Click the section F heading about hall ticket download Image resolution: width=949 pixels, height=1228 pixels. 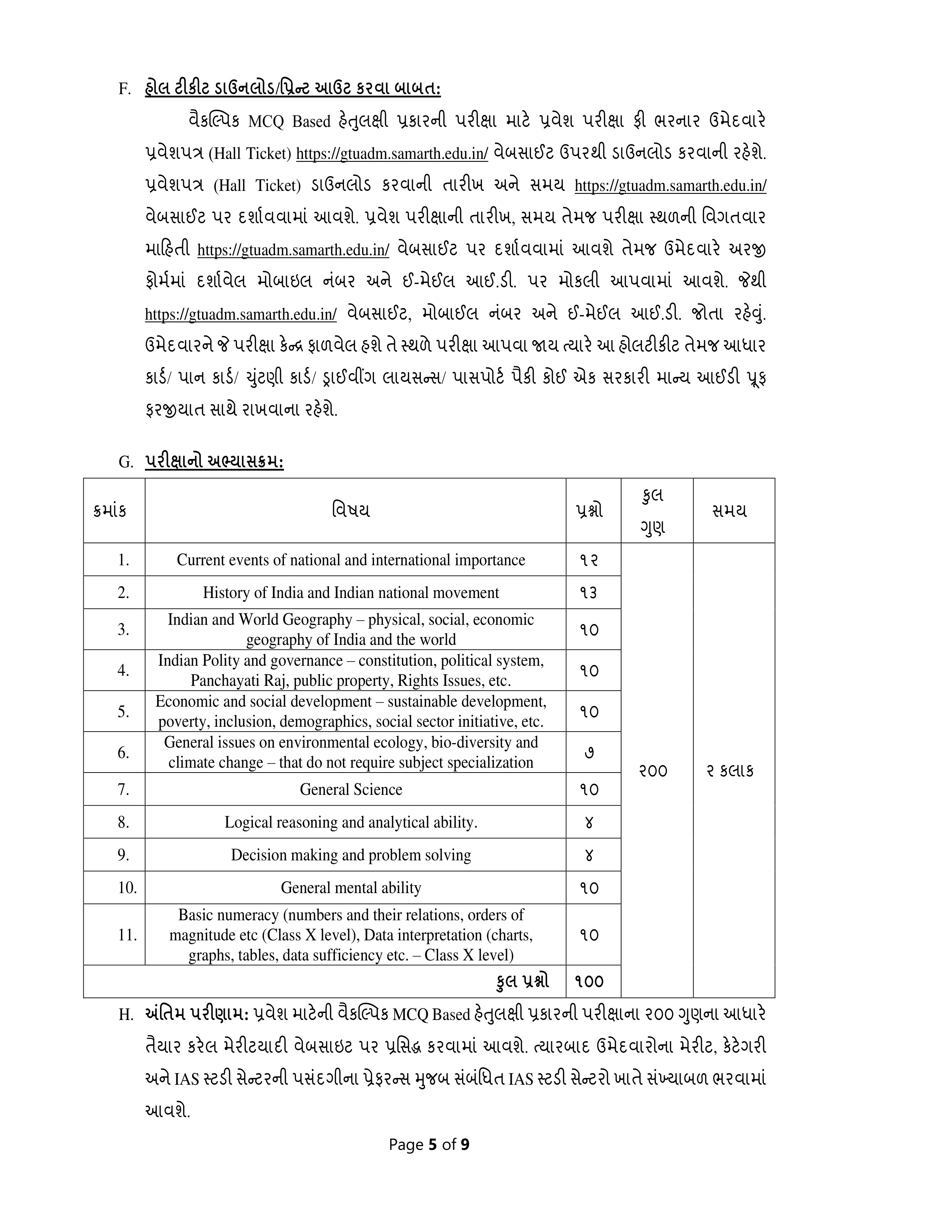(293, 88)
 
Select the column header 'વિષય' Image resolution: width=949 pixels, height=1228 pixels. (351, 511)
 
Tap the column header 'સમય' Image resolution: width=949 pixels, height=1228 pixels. (729, 511)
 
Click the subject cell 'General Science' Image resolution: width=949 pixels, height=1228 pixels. (351, 789)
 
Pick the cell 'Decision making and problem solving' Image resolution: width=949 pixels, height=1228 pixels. (351, 855)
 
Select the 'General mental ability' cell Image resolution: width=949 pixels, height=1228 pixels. (351, 888)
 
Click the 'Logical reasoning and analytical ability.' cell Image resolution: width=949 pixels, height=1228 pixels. (351, 823)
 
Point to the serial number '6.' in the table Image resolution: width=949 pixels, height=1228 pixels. (124, 752)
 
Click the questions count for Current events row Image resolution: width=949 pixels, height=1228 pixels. (589, 560)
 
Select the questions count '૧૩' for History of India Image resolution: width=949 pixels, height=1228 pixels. (589, 593)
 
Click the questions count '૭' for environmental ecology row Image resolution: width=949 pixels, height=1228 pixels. (589, 752)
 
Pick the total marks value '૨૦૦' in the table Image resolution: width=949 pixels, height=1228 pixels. (653, 770)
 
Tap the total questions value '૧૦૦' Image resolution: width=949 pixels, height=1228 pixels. (589, 982)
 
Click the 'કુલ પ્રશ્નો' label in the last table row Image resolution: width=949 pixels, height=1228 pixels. (523, 981)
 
